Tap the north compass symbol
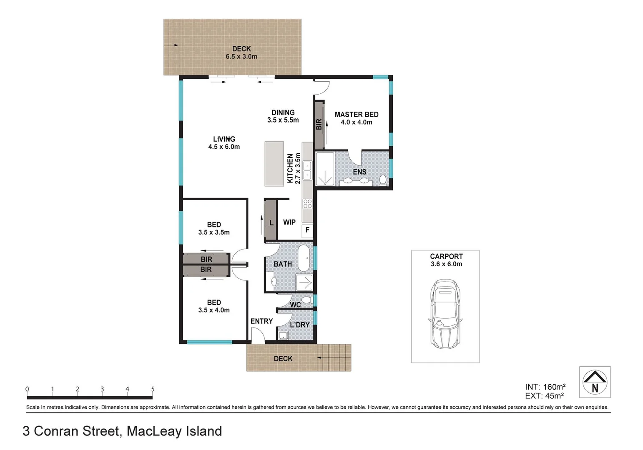pos(595,382)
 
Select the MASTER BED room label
pos(357,115)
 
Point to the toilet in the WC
pos(308,300)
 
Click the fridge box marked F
pos(307,230)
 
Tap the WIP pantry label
pos(289,222)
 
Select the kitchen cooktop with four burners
pos(307,204)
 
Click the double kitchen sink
pos(307,170)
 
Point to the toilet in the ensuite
pos(382,180)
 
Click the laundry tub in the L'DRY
pos(283,335)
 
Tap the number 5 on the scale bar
pos(153,389)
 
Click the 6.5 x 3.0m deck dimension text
pos(241,57)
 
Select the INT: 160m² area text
pos(545,387)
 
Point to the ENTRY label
pos(261,321)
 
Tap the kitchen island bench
pos(274,164)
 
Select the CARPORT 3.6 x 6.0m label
pos(446,260)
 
